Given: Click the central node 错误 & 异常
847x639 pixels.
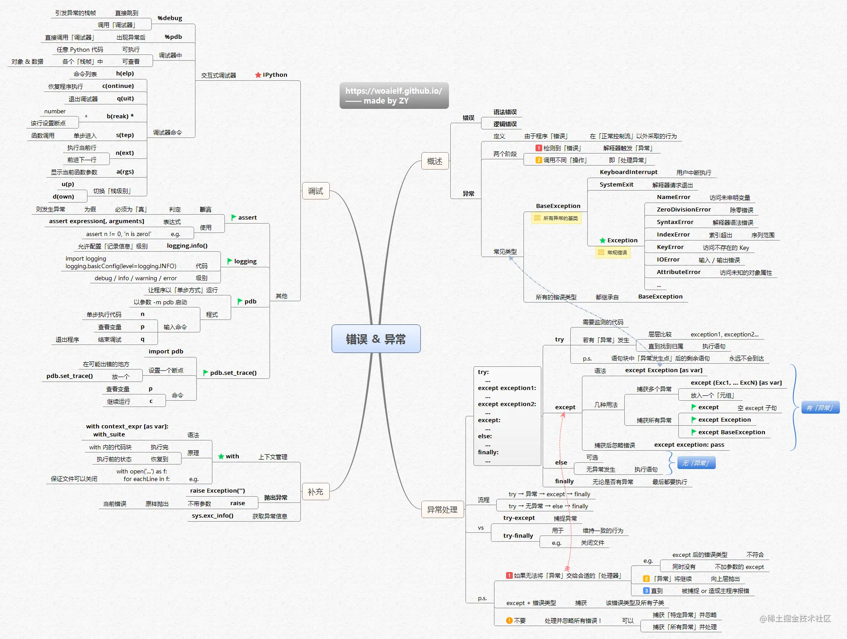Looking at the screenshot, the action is (376, 339).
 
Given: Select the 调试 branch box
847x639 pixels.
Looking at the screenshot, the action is (316, 191).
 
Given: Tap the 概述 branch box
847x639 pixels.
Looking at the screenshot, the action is (435, 161).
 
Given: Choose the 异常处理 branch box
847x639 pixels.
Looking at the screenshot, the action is (442, 510).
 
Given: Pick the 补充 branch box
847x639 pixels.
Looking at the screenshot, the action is (316, 492).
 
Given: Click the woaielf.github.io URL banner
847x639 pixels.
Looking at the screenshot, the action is (394, 95).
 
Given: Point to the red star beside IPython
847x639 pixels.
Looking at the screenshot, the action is (258, 75).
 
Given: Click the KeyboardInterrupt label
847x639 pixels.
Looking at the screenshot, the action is (628, 172).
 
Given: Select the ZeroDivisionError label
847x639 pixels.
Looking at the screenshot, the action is (684, 210).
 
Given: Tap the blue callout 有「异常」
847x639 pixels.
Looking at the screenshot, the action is (820, 407).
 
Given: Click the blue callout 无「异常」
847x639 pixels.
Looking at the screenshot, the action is (696, 463).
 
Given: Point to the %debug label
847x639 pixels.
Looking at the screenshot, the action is (170, 18).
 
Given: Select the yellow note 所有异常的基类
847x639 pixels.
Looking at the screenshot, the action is (556, 218).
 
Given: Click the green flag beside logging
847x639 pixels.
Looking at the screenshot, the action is (230, 261).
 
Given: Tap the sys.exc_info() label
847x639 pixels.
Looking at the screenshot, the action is (213, 516).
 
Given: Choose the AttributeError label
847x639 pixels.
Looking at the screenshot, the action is (678, 272).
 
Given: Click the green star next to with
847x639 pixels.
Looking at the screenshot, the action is (221, 456).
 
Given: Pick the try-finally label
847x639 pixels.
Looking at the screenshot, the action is (518, 536).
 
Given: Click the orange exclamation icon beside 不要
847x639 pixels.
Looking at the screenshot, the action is (509, 621).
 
